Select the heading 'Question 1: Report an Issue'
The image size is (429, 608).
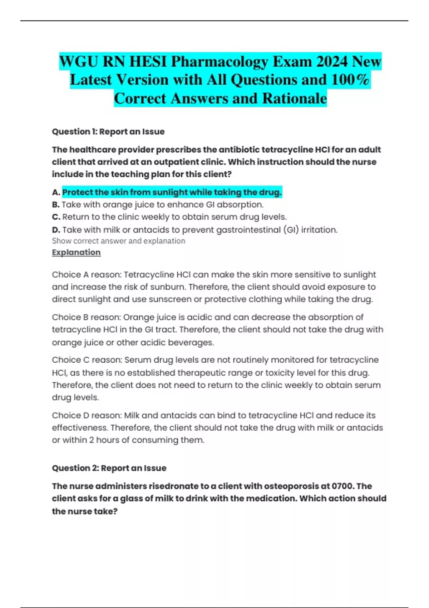[108, 132]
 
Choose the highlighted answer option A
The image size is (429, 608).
[172, 192]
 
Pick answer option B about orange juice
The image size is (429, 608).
[162, 205]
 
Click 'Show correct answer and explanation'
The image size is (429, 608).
[118, 241]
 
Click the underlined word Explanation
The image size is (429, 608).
[76, 252]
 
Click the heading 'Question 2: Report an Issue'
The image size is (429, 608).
[109, 468]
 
